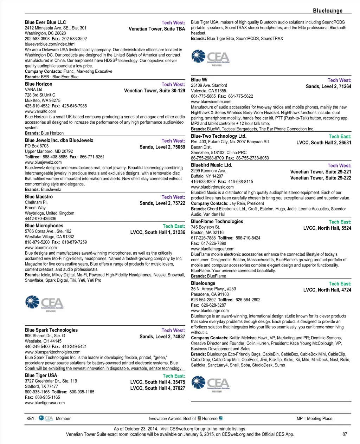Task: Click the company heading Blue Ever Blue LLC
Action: tap(45, 22)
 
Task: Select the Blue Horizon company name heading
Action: tap(39, 84)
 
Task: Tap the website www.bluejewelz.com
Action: tap(43, 162)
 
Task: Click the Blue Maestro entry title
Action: tap(39, 197)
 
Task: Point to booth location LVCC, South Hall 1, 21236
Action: tap(157, 232)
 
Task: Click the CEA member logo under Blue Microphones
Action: tap(44, 303)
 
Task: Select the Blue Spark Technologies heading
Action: tap(51, 330)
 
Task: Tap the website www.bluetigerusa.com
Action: tap(45, 403)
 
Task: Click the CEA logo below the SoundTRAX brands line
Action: tap(211, 58)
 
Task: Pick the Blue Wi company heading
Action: tap(199, 80)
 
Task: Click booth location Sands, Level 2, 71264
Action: tap(328, 86)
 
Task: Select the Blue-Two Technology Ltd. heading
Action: tap(219, 136)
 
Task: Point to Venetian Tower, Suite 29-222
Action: tap(321, 178)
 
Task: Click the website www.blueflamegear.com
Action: tap(213, 249)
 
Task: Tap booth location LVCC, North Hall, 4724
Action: tap(327, 290)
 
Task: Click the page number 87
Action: tap(345, 434)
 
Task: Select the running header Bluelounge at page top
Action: tap(327, 11)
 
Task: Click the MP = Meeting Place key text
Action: tap(314, 418)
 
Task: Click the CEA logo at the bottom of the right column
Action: tap(211, 384)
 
